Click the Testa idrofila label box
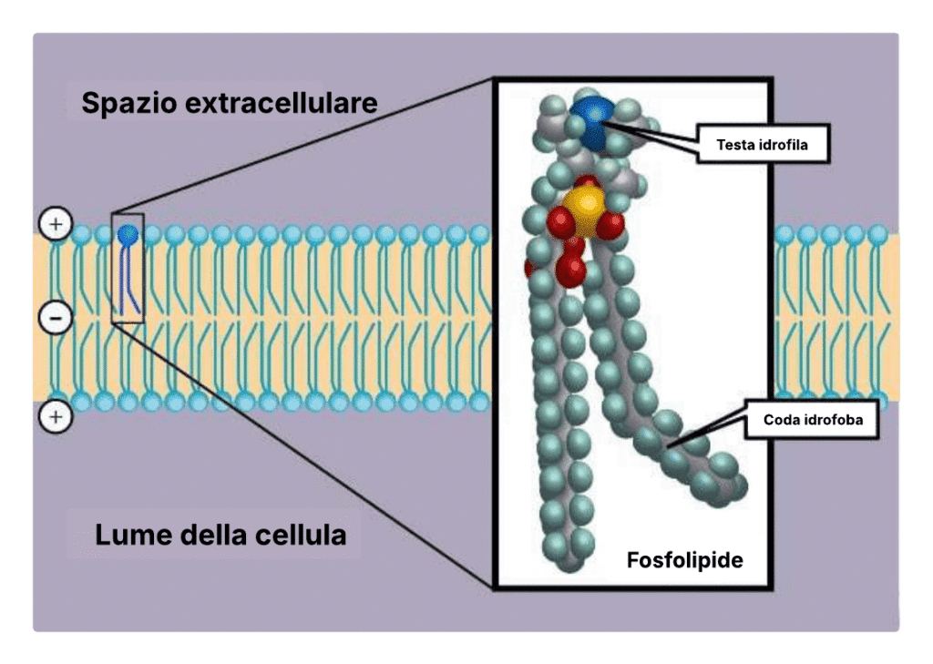(764, 143)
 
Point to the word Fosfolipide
(684, 559)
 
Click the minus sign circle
(56, 318)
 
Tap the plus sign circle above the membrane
(56, 223)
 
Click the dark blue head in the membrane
(128, 235)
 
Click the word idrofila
(787, 143)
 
